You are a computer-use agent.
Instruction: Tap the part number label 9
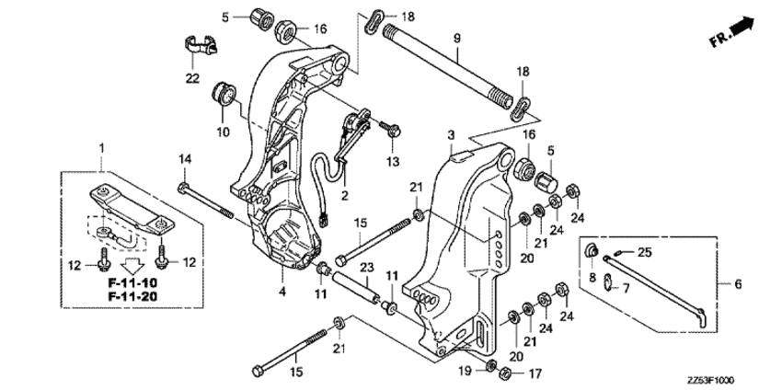(x=457, y=38)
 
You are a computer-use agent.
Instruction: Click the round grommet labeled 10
(x=224, y=94)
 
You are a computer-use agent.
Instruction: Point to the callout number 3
(x=451, y=134)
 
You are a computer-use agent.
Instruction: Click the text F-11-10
(x=132, y=282)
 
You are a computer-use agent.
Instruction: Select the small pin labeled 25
(x=619, y=253)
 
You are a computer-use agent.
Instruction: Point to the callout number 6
(x=738, y=284)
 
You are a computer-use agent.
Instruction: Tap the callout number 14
(x=185, y=159)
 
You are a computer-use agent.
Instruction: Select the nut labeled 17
(x=504, y=372)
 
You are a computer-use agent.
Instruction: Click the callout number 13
(x=392, y=162)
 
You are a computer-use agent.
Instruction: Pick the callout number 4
(x=282, y=292)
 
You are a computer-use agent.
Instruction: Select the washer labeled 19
(x=490, y=365)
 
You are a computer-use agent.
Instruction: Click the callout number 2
(x=344, y=195)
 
